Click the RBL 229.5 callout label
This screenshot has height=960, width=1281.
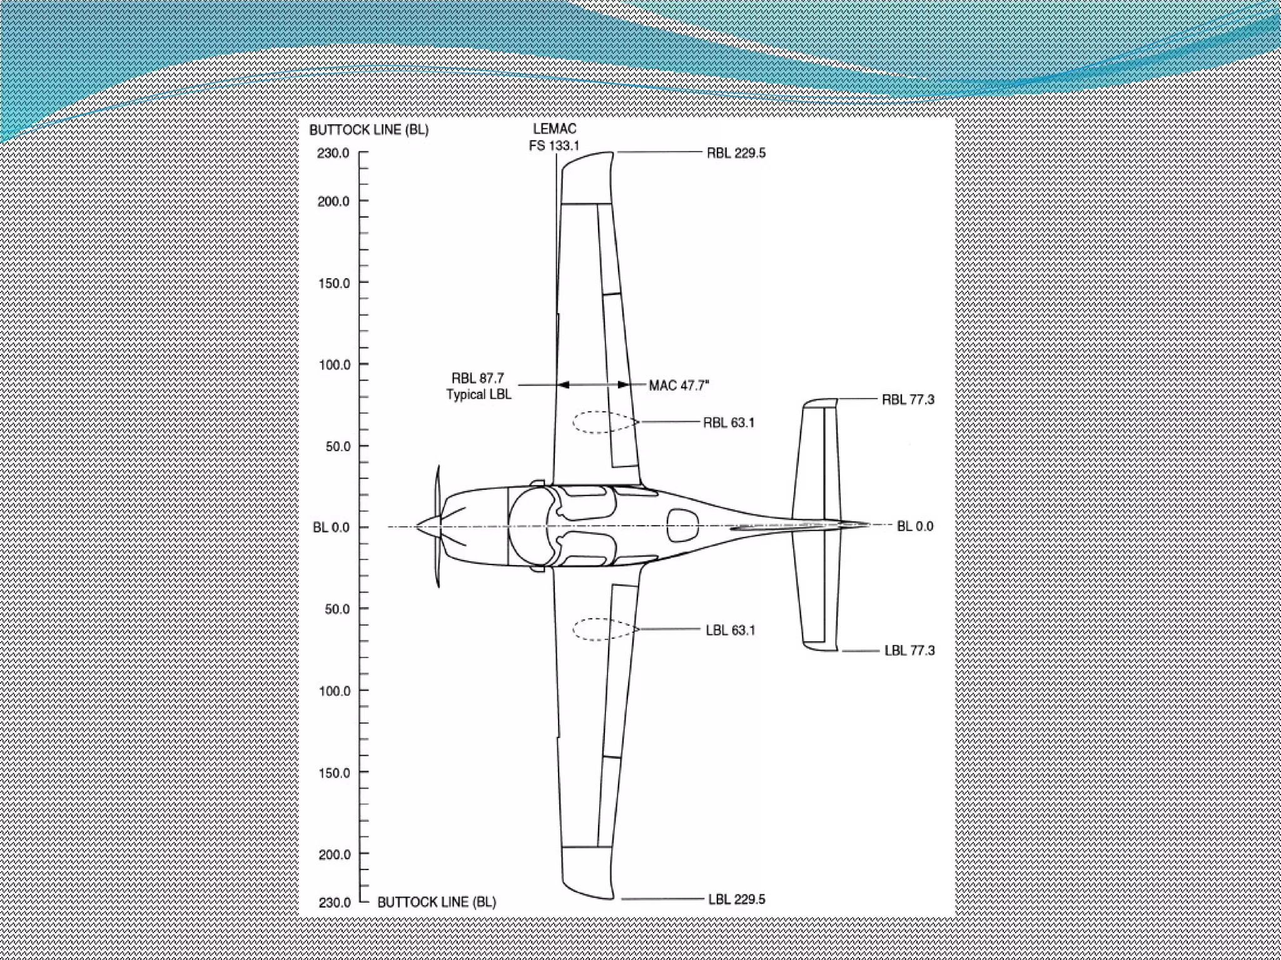click(736, 153)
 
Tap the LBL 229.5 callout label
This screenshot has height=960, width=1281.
click(736, 899)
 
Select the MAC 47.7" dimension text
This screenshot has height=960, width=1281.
click(679, 386)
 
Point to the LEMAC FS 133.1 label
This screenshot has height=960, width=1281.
click(554, 137)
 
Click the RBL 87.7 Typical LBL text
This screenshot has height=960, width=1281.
click(478, 386)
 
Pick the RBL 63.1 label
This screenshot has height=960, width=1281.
click(729, 422)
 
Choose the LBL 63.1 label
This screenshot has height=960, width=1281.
click(730, 630)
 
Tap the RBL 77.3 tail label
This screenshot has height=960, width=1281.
click(908, 399)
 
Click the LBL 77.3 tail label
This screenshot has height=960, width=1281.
click(909, 651)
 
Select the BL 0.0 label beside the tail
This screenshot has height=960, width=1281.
click(914, 526)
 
